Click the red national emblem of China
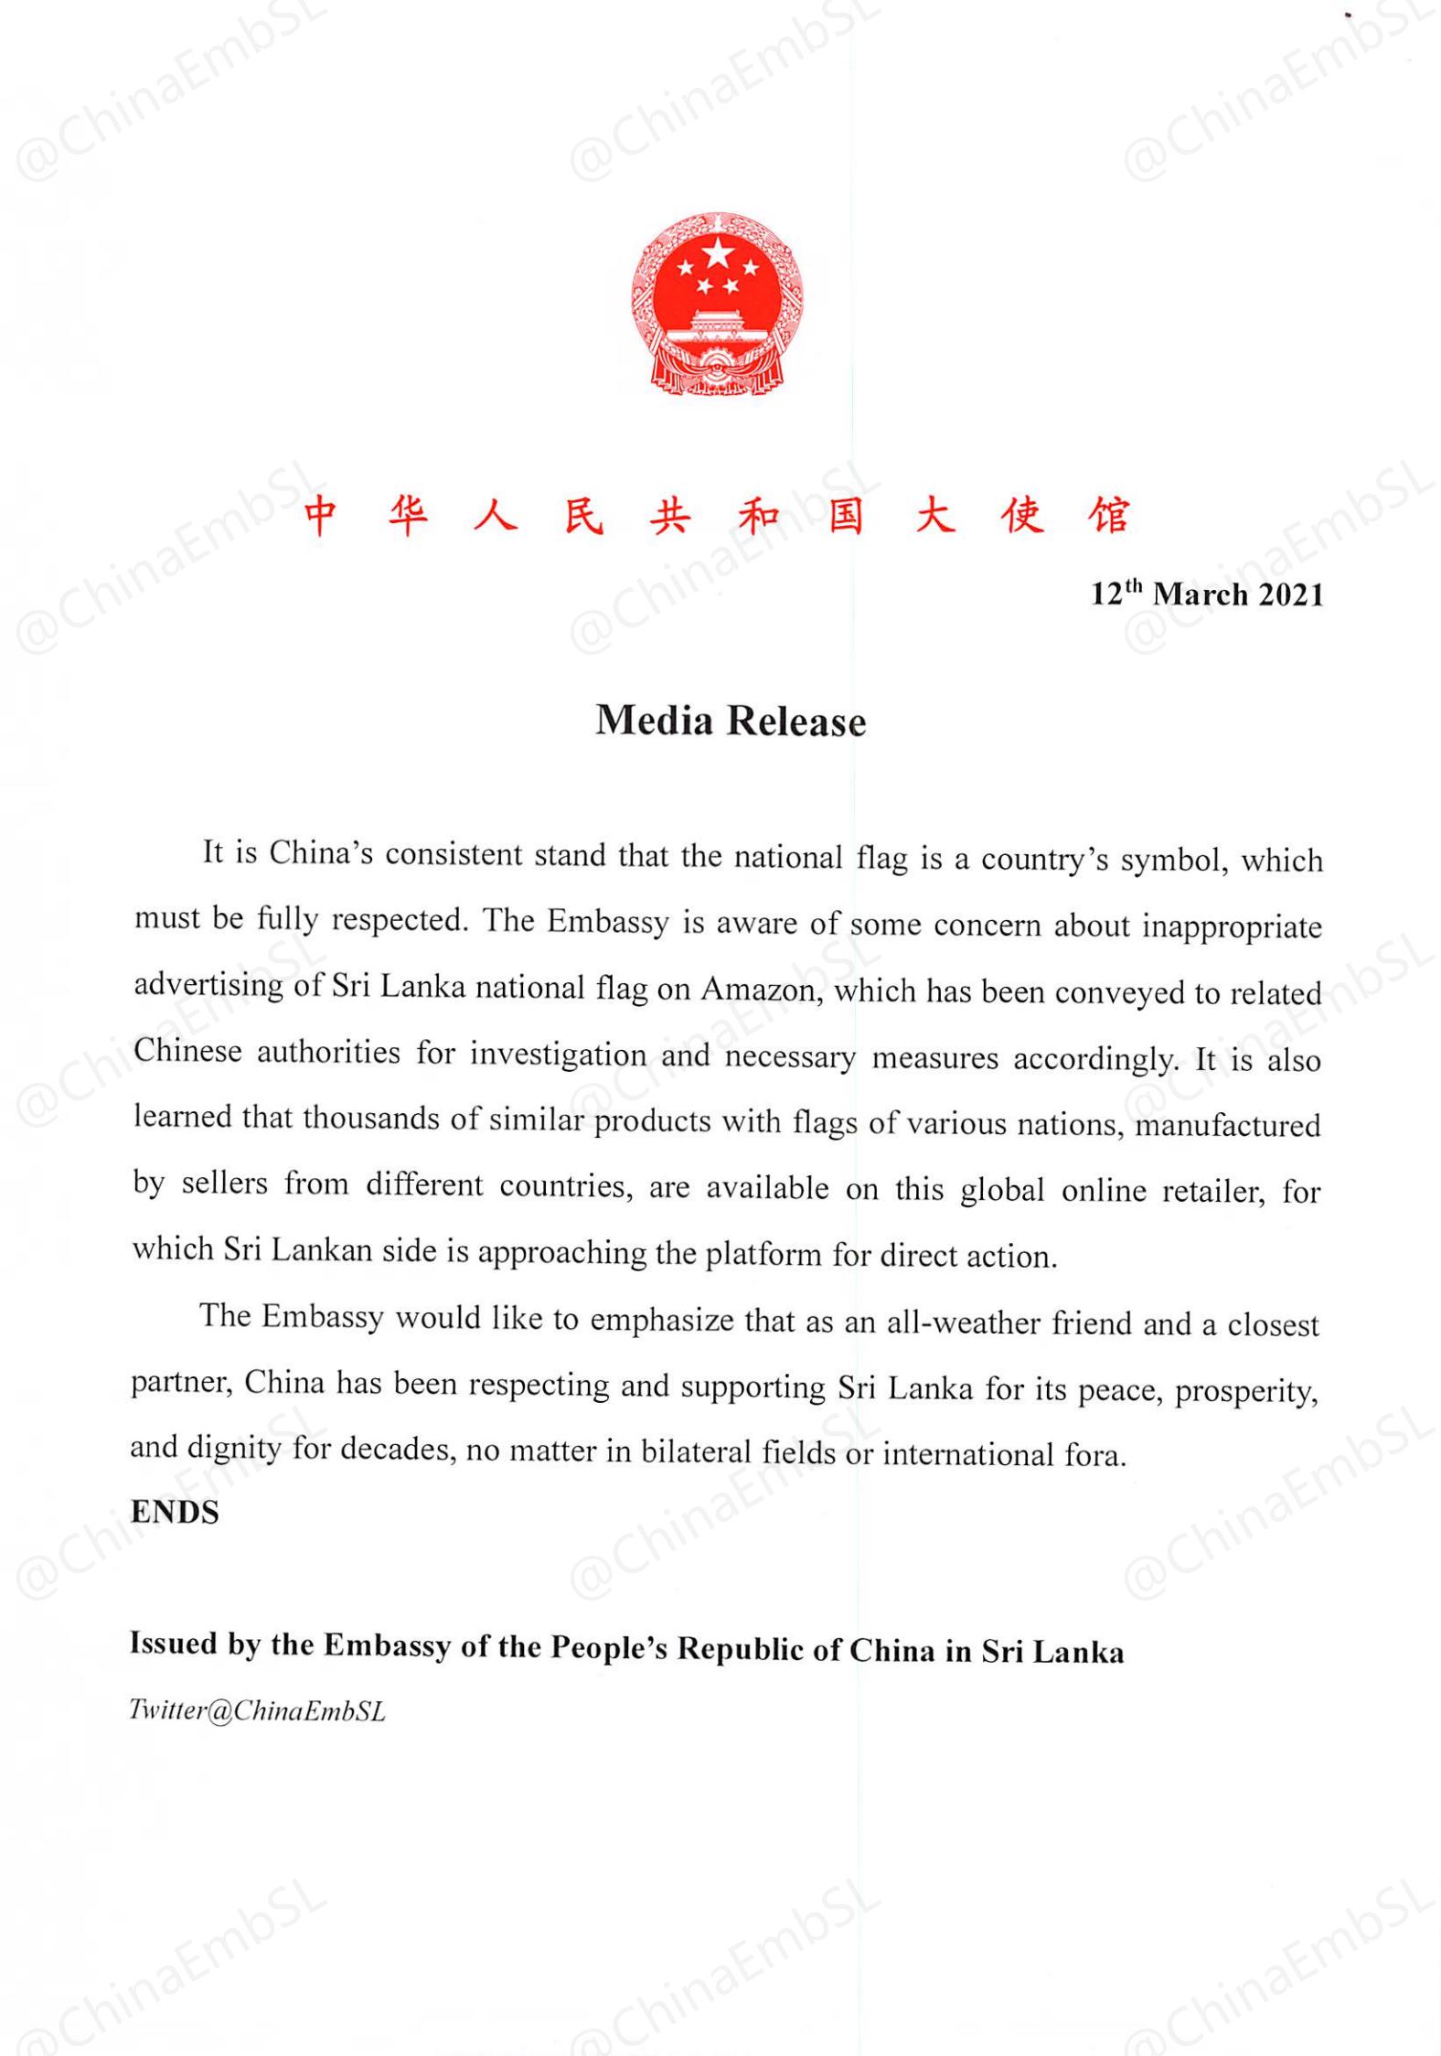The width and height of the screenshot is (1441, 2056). pyautogui.click(x=717, y=304)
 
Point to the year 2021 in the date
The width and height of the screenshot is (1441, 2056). pyautogui.click(x=1290, y=595)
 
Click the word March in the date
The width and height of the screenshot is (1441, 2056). pyautogui.click(x=1200, y=595)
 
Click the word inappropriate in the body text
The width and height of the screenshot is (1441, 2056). pyautogui.click(x=1232, y=926)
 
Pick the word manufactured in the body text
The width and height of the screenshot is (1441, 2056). pyautogui.click(x=1228, y=1124)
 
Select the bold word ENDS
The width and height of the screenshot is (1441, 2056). pyautogui.click(x=175, y=1513)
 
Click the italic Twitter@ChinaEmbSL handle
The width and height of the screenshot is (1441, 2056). pyautogui.click(x=258, y=1711)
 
